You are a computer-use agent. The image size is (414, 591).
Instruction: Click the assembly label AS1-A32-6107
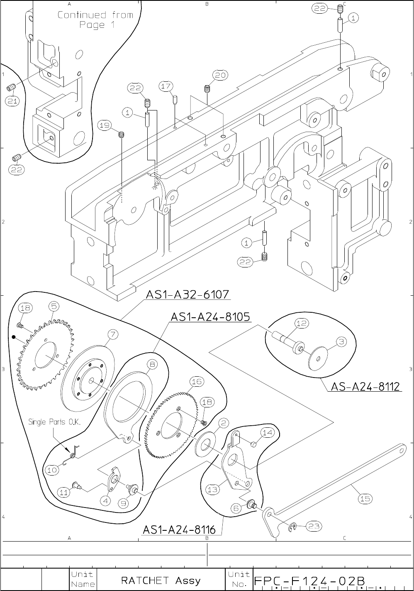(x=188, y=294)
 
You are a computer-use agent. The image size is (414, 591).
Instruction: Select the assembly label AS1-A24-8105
(x=210, y=316)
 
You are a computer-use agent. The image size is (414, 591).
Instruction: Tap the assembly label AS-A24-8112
(x=365, y=387)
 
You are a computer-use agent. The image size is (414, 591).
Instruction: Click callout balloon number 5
(x=54, y=306)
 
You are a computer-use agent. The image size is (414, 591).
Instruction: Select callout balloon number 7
(x=113, y=335)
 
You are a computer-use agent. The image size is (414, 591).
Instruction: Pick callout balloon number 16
(x=197, y=382)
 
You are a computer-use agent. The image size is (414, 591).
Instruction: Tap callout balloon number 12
(x=302, y=323)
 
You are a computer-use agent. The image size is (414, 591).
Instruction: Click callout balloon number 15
(x=365, y=498)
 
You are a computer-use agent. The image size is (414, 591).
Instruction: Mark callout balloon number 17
(x=166, y=86)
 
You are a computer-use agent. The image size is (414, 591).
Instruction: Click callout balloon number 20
(x=220, y=75)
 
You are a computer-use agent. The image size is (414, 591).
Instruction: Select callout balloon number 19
(x=105, y=125)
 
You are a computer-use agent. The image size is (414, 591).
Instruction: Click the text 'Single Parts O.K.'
(x=54, y=422)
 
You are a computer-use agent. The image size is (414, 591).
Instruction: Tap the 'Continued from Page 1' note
(x=96, y=20)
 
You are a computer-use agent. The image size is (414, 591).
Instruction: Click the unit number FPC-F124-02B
(x=309, y=581)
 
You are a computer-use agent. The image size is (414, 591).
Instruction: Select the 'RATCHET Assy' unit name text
(x=161, y=581)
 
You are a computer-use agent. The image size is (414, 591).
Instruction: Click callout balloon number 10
(x=52, y=470)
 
